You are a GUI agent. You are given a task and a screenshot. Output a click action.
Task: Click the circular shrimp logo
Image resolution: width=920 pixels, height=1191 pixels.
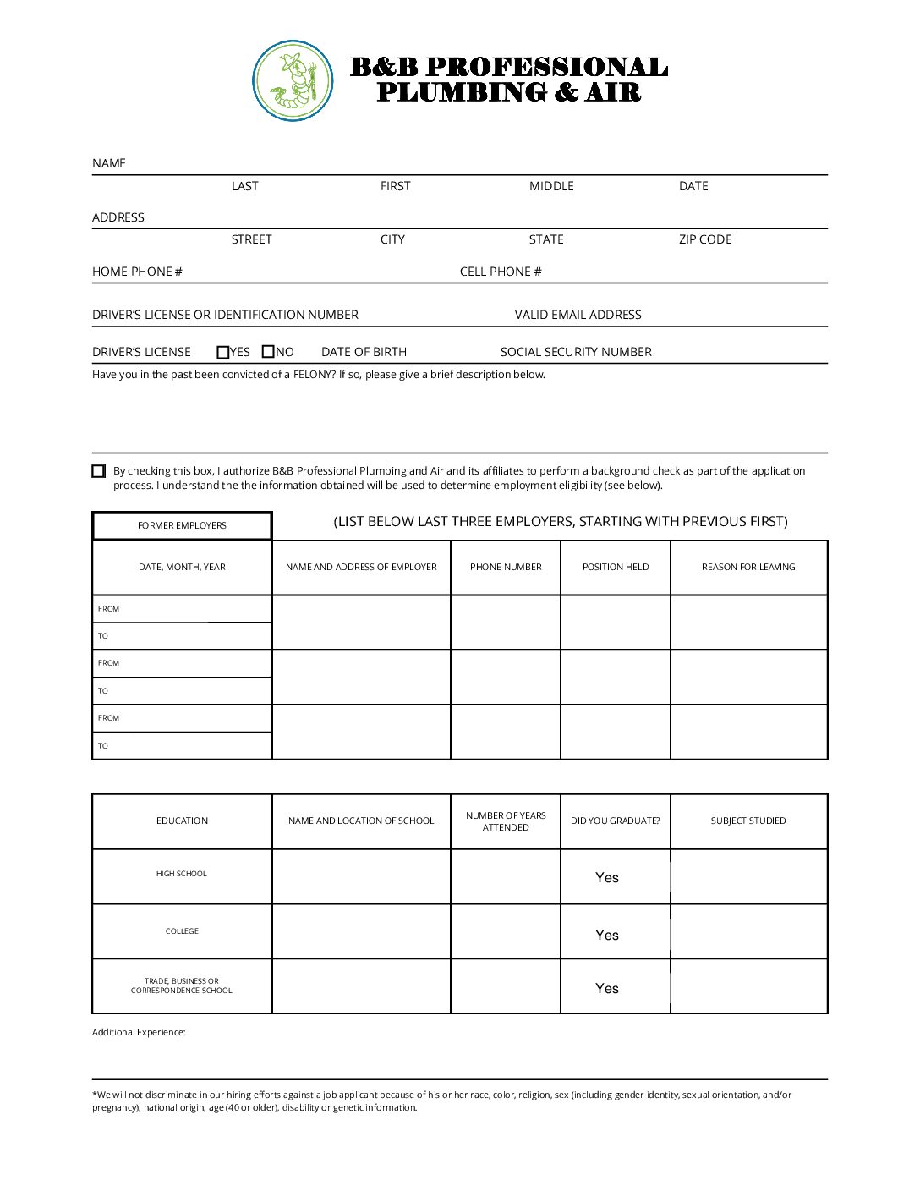click(x=293, y=80)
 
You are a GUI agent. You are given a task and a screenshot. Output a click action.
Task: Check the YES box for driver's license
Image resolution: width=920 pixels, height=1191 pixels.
click(x=223, y=352)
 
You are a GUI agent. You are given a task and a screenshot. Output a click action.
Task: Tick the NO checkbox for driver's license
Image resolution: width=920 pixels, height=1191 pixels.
click(x=268, y=352)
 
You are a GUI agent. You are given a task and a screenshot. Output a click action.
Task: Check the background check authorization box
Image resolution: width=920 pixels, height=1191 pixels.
click(x=99, y=471)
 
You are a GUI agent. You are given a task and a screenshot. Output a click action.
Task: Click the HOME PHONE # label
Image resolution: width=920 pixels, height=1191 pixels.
click(x=137, y=272)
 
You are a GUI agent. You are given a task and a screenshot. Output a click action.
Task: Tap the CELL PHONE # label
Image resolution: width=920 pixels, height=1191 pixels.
click(x=501, y=272)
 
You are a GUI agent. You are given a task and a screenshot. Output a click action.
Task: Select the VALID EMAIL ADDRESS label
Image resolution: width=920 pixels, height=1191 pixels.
click(x=578, y=315)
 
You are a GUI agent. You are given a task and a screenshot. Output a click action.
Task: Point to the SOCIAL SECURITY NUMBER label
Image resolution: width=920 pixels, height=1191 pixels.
click(x=576, y=352)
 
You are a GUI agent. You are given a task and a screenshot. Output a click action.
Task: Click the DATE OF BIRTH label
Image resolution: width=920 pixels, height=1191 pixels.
click(x=364, y=352)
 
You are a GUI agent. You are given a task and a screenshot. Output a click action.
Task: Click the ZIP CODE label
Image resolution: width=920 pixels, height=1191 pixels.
click(x=705, y=239)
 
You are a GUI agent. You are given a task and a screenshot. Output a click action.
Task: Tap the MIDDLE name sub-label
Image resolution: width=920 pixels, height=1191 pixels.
click(x=551, y=186)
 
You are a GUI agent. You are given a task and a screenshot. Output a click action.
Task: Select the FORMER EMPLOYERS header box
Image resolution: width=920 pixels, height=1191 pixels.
click(x=182, y=525)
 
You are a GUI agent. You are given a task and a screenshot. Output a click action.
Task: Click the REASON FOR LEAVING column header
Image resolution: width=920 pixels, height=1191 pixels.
click(x=748, y=567)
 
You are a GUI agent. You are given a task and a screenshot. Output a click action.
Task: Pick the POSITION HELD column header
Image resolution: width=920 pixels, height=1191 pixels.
click(x=616, y=567)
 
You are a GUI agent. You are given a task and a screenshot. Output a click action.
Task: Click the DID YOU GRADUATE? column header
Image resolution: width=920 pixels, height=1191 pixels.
click(x=616, y=821)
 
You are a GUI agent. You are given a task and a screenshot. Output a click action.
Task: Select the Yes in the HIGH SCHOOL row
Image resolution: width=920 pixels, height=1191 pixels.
click(x=607, y=878)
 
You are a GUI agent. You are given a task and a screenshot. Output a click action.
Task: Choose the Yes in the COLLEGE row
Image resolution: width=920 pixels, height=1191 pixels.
click(x=607, y=935)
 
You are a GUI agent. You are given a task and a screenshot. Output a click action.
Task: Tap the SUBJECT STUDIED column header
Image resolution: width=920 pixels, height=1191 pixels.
click(x=748, y=821)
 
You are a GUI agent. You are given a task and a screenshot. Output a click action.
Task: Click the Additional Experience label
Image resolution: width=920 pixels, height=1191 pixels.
click(x=139, y=1032)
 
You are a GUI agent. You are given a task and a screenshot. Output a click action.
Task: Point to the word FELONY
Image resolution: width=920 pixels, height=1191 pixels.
click(x=314, y=375)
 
